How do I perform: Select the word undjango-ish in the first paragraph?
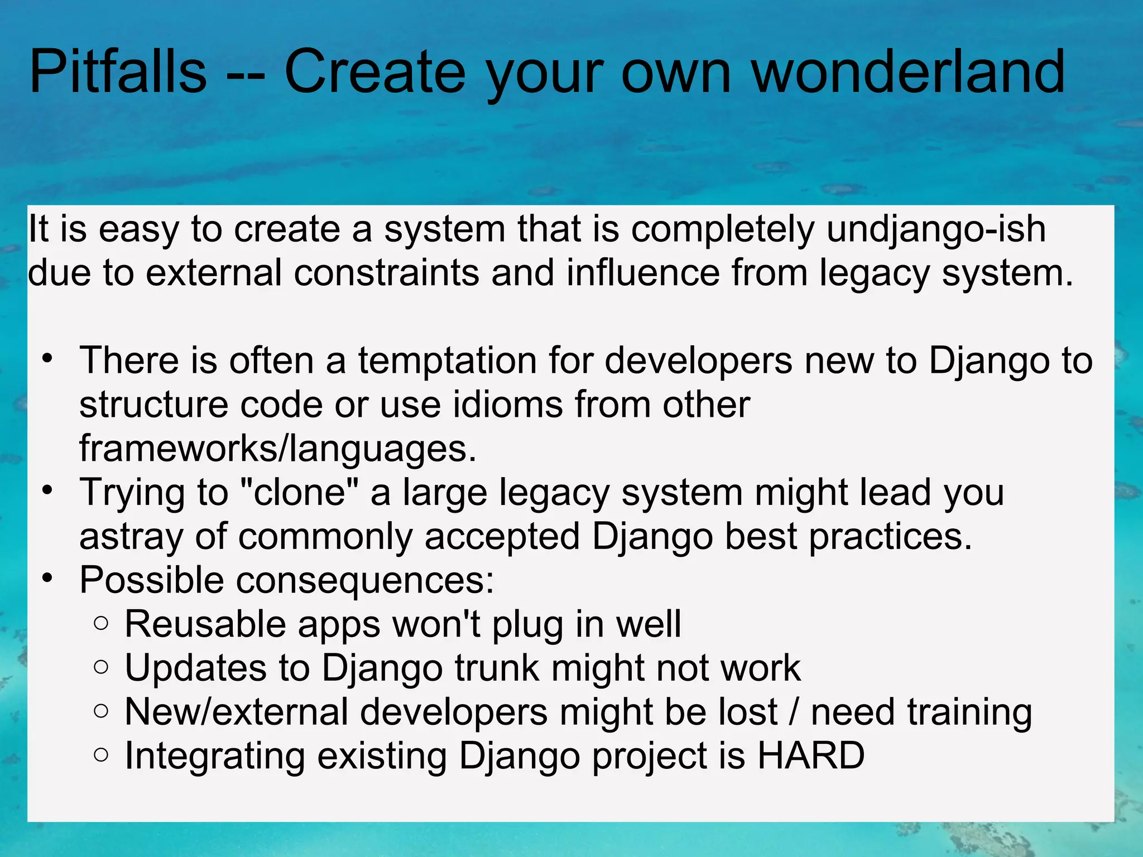point(936,230)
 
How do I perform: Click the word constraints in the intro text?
point(386,274)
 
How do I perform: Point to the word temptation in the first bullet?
point(447,361)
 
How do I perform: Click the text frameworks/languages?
point(277,449)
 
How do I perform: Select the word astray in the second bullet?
point(131,537)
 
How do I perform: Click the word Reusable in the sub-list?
point(204,624)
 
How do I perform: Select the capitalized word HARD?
point(811,756)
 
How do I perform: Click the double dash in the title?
point(246,75)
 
